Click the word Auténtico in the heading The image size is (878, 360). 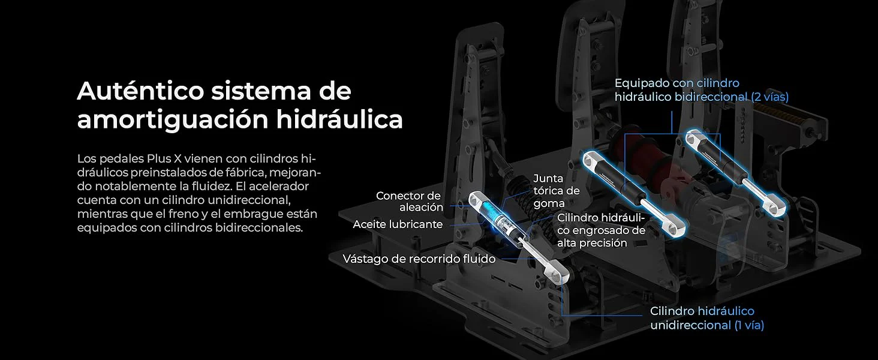pyautogui.click(x=141, y=91)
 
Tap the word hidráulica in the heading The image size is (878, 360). pyautogui.click(x=339, y=119)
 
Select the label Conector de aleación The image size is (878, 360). pyautogui.click(x=409, y=201)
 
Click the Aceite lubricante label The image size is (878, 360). pyautogui.click(x=398, y=224)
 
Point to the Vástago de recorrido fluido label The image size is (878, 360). pyautogui.click(x=419, y=259)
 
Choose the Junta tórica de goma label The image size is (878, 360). pyautogui.click(x=557, y=191)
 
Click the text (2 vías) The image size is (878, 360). pyautogui.click(x=770, y=97)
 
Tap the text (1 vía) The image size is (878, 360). pyautogui.click(x=750, y=325)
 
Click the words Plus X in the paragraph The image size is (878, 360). pyautogui.click(x=164, y=159)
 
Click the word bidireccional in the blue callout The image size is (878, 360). pyautogui.click(x=711, y=97)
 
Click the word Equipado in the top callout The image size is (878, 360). pyautogui.click(x=642, y=83)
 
